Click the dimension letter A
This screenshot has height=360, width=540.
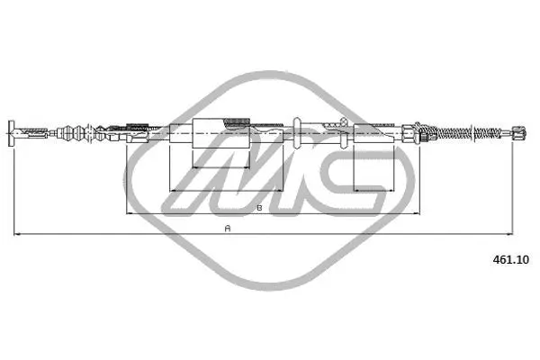click(228, 229)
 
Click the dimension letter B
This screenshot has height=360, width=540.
click(260, 208)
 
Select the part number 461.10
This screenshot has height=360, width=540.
click(510, 260)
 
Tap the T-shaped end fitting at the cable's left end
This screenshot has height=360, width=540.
click(13, 132)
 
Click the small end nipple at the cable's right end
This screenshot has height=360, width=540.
click(518, 132)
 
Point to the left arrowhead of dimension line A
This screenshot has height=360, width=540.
click(16, 234)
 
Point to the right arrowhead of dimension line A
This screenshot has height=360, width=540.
click(509, 234)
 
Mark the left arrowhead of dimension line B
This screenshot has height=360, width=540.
click(130, 213)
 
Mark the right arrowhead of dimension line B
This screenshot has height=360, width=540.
click(417, 213)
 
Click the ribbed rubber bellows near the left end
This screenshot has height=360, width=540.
click(72, 133)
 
